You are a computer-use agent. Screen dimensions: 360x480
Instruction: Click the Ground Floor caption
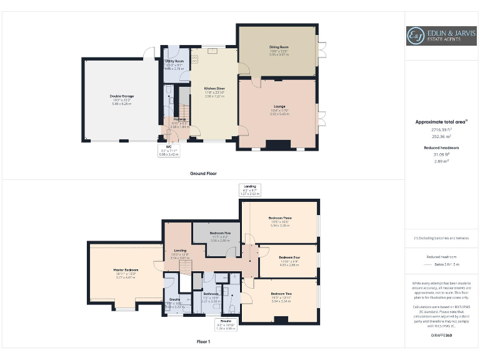[203, 173]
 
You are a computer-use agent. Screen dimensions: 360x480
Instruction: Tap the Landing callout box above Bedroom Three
[253, 189]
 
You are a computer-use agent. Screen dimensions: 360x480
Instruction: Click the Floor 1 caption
[203, 342]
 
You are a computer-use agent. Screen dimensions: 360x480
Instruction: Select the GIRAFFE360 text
[442, 336]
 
